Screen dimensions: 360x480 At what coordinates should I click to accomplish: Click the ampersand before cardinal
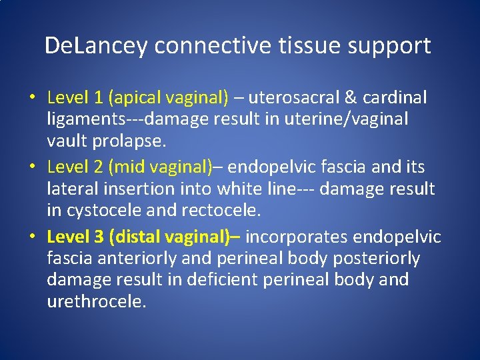(x=351, y=98)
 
